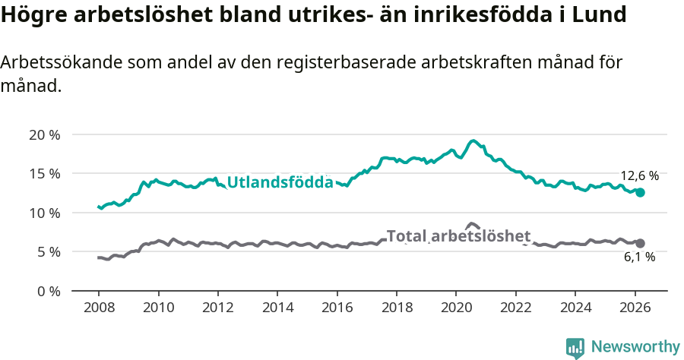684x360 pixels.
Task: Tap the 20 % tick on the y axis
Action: tap(45, 134)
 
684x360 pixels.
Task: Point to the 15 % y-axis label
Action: tap(45, 174)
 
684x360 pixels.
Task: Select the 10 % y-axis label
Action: tap(45, 213)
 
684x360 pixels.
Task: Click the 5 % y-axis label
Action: tap(49, 251)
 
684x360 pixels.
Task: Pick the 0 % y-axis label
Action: tap(49, 291)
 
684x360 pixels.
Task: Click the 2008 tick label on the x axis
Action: tap(99, 309)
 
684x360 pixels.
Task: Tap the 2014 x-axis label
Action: tap(277, 309)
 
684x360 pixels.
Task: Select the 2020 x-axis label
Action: tap(456, 309)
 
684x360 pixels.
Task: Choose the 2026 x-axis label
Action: tap(635, 309)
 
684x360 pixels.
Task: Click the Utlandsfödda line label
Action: tap(280, 182)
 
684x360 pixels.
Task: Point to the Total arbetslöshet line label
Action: tap(458, 236)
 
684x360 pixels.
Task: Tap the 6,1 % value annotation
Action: tap(639, 257)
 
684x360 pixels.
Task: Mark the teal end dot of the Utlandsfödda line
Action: tap(640, 193)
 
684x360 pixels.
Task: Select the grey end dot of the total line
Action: tap(640, 243)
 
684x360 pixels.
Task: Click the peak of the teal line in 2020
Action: tap(473, 141)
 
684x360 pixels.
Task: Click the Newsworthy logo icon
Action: tap(575, 348)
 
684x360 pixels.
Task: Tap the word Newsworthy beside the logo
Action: tap(635, 347)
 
